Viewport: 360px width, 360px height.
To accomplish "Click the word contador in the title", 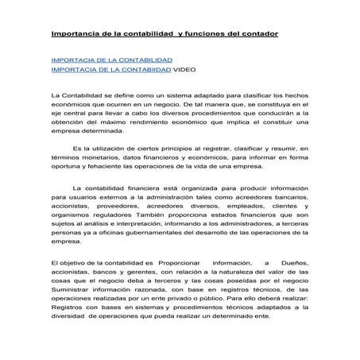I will click(257, 34).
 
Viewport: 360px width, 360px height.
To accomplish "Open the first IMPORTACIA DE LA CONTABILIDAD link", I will click(111, 60).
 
